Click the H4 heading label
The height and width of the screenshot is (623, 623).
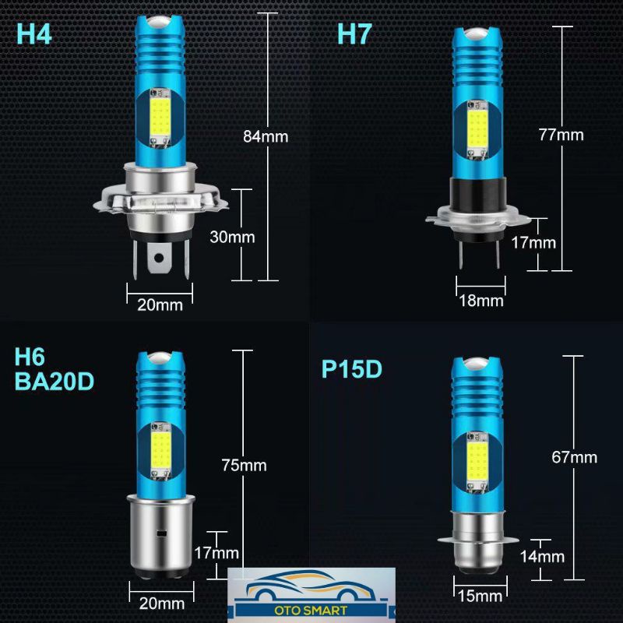[34, 34]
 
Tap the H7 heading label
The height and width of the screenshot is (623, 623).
[354, 33]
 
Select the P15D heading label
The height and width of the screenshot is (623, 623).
[352, 369]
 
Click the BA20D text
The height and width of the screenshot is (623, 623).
[55, 382]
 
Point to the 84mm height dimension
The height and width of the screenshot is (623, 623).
[266, 136]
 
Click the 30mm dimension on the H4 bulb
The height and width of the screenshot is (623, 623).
[232, 237]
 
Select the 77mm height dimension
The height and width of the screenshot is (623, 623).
[561, 135]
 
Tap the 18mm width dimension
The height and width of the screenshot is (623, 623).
[481, 301]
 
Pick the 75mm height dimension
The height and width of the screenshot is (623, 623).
[244, 465]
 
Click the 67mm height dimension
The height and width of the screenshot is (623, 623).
[574, 457]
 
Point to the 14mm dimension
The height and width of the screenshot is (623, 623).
[542, 556]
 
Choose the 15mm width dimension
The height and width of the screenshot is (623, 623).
[480, 596]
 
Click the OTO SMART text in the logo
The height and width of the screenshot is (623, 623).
[311, 611]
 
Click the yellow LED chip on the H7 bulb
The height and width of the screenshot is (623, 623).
[477, 128]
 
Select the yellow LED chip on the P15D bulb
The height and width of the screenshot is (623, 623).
[477, 461]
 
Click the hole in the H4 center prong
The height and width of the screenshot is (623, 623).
[159, 259]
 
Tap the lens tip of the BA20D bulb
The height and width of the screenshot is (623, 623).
[161, 358]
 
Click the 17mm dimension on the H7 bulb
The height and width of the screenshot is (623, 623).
[533, 242]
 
